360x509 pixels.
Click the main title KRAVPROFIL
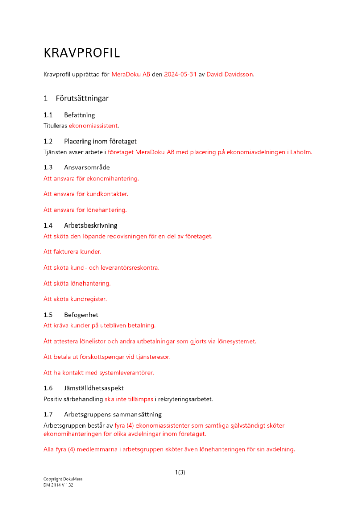point(81,53)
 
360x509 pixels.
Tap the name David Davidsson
point(230,74)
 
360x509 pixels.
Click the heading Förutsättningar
point(82,98)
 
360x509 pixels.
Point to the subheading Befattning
point(79,115)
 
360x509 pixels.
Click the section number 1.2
point(48,141)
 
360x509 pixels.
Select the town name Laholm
point(301,152)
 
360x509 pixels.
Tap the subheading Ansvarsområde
point(87,167)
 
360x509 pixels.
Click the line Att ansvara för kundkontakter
point(86,194)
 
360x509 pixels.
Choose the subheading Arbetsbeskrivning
point(91,225)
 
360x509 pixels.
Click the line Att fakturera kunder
point(72,252)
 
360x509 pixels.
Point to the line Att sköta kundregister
point(75,299)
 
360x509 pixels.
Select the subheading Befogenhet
point(81,315)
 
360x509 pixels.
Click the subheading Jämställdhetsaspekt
point(94,388)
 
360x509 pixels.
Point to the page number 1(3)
point(180,472)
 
